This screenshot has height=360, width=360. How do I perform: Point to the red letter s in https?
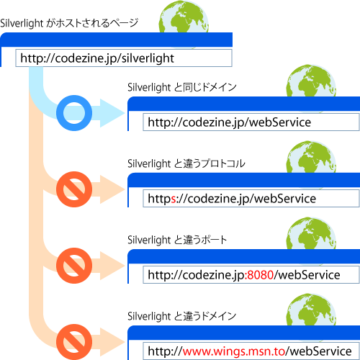174,199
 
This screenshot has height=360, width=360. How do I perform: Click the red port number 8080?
261,275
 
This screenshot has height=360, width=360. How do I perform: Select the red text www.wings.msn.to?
234,351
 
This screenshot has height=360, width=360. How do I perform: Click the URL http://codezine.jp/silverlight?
97,58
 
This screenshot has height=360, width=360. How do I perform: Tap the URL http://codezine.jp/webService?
230,122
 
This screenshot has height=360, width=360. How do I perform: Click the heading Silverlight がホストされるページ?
69,23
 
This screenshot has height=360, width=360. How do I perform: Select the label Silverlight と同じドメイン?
182,87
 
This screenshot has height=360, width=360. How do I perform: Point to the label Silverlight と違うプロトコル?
186,163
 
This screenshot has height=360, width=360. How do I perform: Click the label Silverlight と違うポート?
177,240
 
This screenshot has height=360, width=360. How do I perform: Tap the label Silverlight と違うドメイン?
181,316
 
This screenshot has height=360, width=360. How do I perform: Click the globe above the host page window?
184,17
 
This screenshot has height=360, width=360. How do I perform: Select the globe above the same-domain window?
311,81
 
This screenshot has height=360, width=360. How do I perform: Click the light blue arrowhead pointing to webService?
112,113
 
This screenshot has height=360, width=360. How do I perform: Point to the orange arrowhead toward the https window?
112,189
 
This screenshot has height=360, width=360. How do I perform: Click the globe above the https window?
311,158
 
